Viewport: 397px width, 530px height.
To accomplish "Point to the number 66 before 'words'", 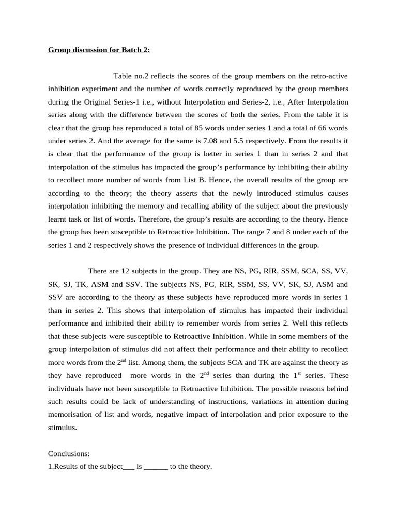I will [x=323, y=127].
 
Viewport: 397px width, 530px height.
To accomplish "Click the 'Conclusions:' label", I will [x=69, y=453].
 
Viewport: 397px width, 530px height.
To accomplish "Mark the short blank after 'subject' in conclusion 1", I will [x=129, y=466].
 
